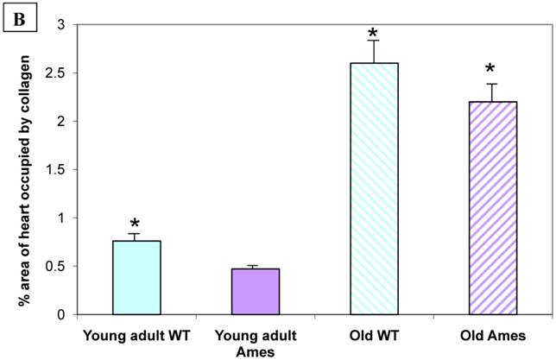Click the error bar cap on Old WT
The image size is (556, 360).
374,41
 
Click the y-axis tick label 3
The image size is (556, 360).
60,25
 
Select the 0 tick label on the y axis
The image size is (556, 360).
60,315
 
